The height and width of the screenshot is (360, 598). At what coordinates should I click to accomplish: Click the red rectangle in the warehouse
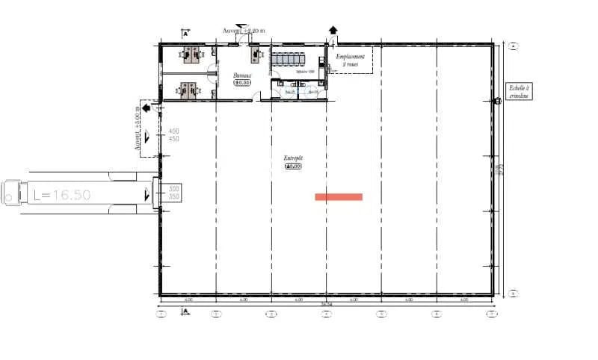[x=339, y=197]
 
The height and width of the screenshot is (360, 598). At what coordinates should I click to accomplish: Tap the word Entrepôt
[x=293, y=158]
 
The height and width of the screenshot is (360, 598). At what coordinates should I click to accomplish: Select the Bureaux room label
[x=242, y=75]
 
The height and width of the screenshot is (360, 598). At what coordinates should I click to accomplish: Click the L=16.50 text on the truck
[x=62, y=195]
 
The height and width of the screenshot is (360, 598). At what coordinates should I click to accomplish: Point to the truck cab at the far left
[x=12, y=193]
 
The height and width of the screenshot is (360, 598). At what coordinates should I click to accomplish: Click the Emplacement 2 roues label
[x=350, y=60]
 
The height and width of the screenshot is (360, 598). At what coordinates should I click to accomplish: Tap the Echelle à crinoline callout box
[x=517, y=92]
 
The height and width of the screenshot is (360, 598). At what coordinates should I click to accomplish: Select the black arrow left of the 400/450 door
[x=145, y=108]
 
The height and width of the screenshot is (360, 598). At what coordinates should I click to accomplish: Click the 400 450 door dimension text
[x=174, y=135]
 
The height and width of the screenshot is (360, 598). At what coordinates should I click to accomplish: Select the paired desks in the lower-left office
[x=189, y=89]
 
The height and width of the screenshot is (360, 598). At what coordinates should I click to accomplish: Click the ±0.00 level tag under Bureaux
[x=241, y=83]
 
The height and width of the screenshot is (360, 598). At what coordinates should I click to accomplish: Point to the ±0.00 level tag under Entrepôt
[x=293, y=167]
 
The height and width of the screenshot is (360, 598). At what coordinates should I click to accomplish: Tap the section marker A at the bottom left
[x=185, y=309]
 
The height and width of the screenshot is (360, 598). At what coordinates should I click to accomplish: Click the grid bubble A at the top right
[x=514, y=46]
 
